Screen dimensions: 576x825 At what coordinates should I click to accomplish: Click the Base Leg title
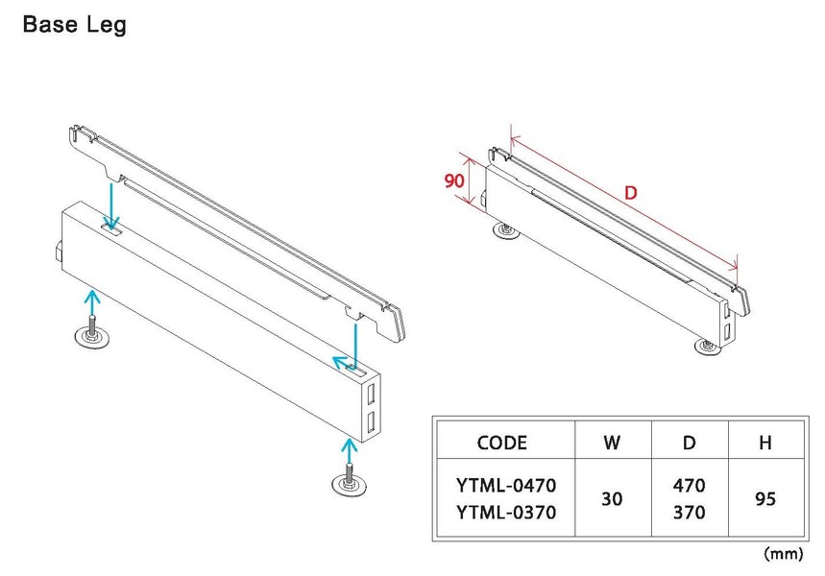pyautogui.click(x=74, y=26)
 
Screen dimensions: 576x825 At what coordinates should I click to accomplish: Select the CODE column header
pyautogui.click(x=501, y=443)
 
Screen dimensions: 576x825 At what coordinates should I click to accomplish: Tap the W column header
pyautogui.click(x=611, y=443)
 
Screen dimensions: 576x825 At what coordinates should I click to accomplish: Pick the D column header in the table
pyautogui.click(x=689, y=443)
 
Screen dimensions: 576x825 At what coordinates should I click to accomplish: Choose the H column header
pyautogui.click(x=765, y=443)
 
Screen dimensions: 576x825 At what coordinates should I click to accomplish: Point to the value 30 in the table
pyautogui.click(x=611, y=500)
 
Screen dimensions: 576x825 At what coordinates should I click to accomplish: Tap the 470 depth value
pyautogui.click(x=689, y=486)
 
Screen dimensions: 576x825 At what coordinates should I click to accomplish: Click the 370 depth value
pyautogui.click(x=689, y=514)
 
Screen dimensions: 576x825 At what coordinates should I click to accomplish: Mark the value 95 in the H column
pyautogui.click(x=765, y=500)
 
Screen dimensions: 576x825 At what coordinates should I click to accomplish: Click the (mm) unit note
pyautogui.click(x=783, y=554)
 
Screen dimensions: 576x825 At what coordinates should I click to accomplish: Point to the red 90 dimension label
pyautogui.click(x=454, y=180)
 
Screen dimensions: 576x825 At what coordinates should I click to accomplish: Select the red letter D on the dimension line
pyautogui.click(x=630, y=193)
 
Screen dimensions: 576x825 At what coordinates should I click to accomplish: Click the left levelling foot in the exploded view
pyautogui.click(x=92, y=336)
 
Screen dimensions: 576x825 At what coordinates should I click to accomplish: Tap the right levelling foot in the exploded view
pyautogui.click(x=351, y=482)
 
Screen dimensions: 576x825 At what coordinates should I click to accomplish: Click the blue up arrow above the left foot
pyautogui.click(x=90, y=305)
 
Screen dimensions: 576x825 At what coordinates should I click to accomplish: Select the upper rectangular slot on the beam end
pyautogui.click(x=371, y=394)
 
